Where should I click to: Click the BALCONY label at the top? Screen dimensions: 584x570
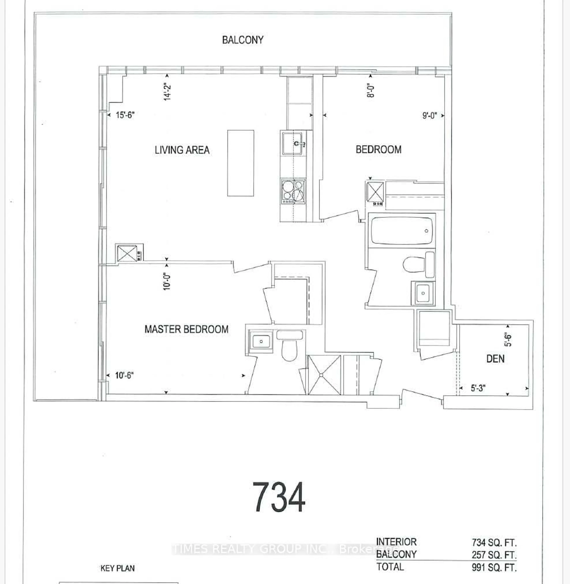(243, 40)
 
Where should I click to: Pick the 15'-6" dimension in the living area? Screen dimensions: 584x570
(125, 115)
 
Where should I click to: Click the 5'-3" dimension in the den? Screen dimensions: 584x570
(478, 388)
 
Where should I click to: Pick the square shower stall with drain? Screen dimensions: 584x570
(324, 375)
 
